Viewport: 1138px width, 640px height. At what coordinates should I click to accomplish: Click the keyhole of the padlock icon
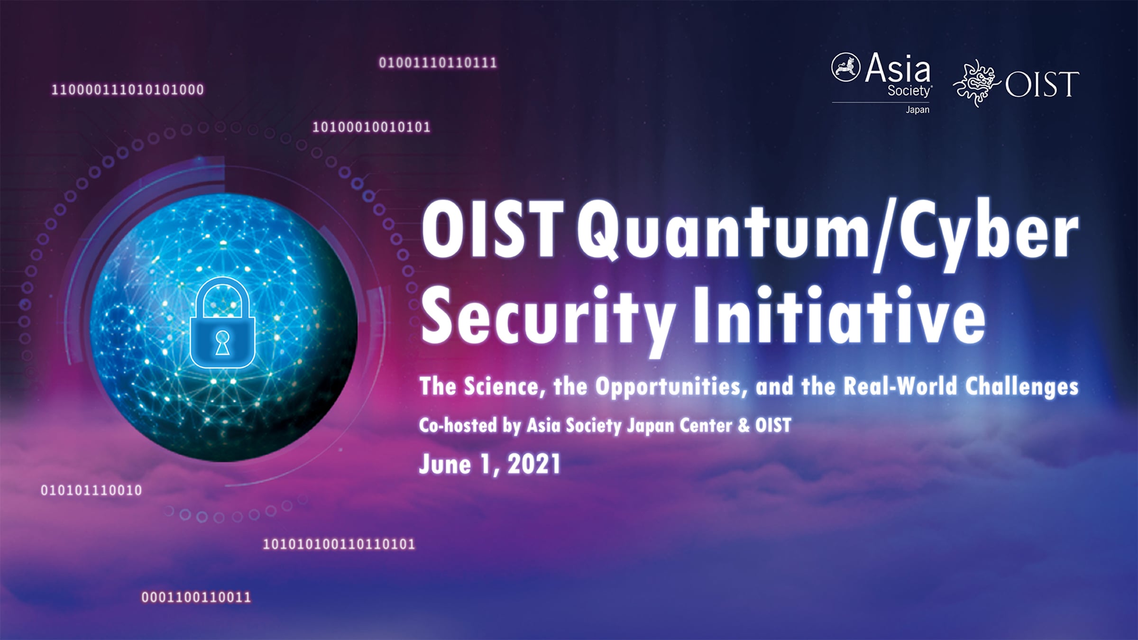click(x=222, y=343)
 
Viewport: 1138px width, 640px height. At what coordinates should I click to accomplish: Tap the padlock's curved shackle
click(x=222, y=284)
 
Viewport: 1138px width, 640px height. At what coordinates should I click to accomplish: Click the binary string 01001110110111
click(x=438, y=63)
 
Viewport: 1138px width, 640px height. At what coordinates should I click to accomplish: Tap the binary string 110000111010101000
click(x=128, y=90)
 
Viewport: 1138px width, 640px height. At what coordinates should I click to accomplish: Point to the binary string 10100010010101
click(x=371, y=127)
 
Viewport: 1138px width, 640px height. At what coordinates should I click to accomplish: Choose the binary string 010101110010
click(x=92, y=490)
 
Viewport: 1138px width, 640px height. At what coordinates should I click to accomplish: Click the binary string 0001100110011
click(x=196, y=597)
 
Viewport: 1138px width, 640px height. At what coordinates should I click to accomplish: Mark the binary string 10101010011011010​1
click(x=339, y=544)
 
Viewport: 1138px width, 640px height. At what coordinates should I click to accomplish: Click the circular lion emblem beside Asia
click(x=846, y=67)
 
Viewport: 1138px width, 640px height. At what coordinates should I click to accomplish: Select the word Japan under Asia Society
click(x=918, y=110)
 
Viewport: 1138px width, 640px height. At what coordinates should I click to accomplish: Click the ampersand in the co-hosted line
click(x=743, y=425)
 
